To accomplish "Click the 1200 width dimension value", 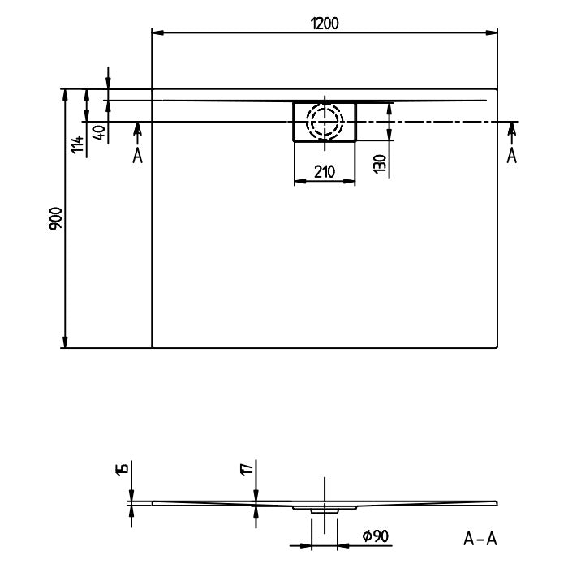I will (325, 24).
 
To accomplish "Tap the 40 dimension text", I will (98, 133).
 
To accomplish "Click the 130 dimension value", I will (379, 164).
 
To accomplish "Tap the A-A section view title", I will (480, 537).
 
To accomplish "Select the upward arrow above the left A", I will (137, 128).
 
